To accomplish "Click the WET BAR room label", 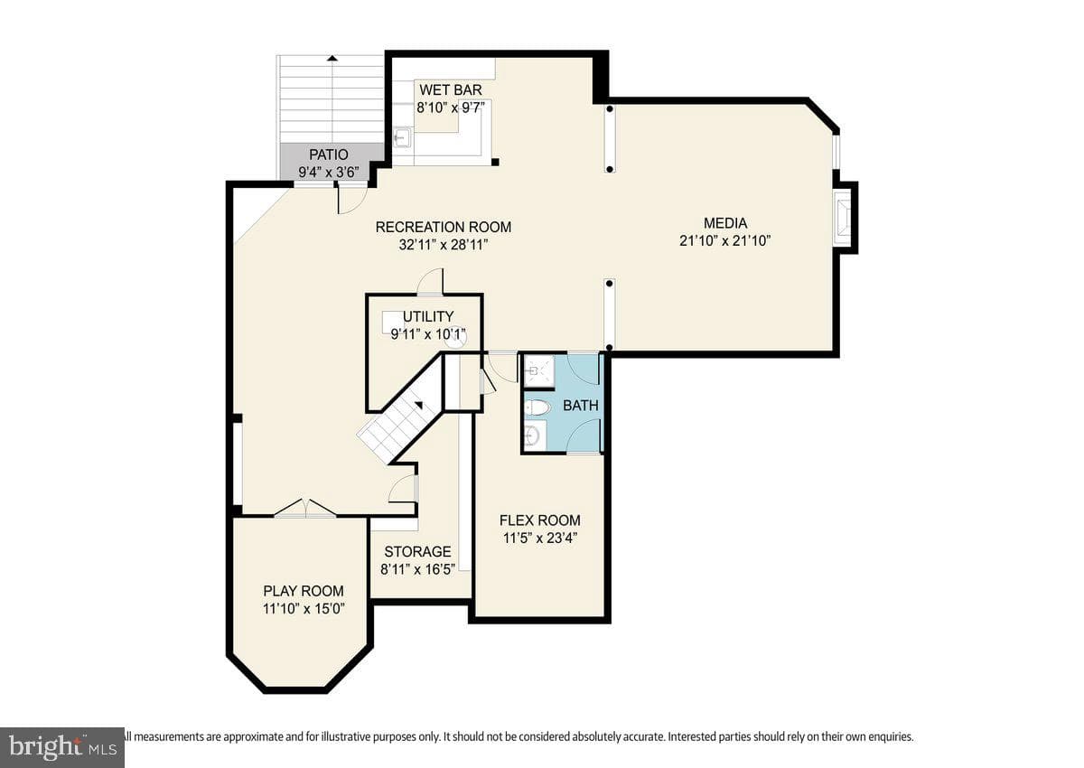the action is coord(451,90).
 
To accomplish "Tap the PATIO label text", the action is coord(329,155).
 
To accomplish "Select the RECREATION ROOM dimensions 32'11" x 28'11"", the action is coord(444,245).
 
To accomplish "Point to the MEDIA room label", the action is coord(724,223).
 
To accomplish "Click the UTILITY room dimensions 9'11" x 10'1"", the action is coord(428,334).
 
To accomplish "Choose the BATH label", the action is coord(581,405).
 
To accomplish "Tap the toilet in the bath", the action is coord(538,408).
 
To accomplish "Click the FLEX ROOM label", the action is coord(539,520).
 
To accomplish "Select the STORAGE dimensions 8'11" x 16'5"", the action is coord(417,569).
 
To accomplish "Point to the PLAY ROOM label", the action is coord(304,591).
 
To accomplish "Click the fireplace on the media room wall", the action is coord(842,218).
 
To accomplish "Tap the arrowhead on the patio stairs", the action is coord(332,59).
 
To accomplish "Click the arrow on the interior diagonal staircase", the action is coord(418,406).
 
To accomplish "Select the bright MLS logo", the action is coord(62,747).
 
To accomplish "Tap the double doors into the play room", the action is coord(305,508).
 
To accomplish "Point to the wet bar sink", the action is coord(402,137).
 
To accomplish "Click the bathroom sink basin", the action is coord(533,436).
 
